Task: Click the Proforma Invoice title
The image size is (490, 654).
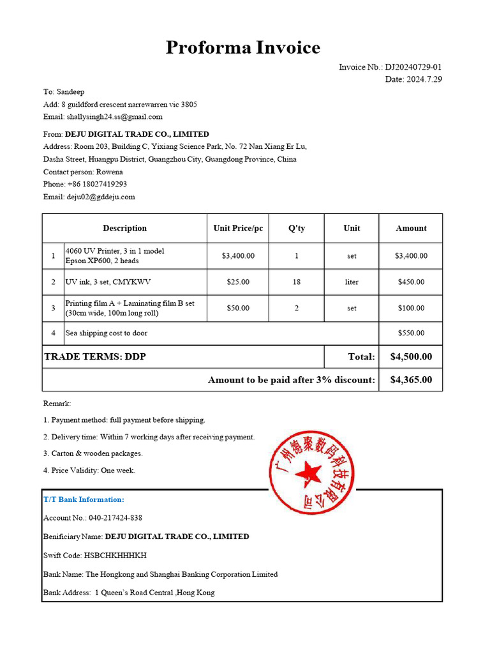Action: tap(243, 48)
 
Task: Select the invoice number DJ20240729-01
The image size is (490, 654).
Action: tap(413, 67)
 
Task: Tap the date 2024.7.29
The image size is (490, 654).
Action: tap(423, 79)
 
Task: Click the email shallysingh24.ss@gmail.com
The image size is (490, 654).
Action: tap(115, 117)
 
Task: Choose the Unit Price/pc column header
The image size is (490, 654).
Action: tap(238, 228)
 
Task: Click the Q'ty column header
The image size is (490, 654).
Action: tap(297, 228)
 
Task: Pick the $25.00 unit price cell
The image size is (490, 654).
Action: tap(238, 282)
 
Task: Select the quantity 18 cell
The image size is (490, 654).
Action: tap(297, 282)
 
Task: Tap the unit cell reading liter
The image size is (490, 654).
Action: tap(352, 282)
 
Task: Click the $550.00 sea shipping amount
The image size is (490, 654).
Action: tap(411, 333)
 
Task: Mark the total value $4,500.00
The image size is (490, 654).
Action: tap(411, 356)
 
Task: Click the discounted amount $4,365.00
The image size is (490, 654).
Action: tap(411, 379)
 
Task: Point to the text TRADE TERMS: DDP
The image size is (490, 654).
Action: tap(95, 356)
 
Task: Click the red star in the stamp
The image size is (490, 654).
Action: tap(311, 474)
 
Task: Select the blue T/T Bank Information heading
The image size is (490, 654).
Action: tap(84, 499)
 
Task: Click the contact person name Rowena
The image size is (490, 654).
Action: tap(110, 172)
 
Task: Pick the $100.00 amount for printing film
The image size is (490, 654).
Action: tap(411, 308)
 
